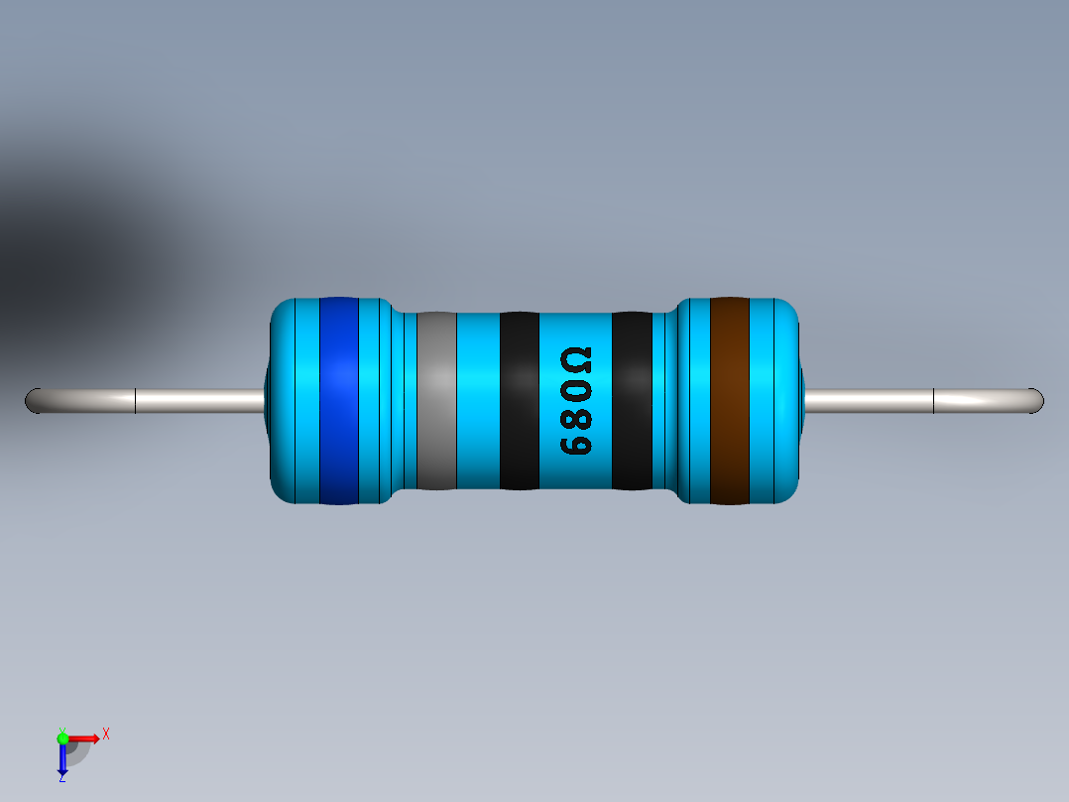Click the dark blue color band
[338, 400]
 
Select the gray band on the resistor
[436, 400]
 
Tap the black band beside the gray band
[519, 400]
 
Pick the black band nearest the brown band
[632, 400]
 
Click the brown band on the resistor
[729, 400]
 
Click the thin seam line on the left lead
[135, 401]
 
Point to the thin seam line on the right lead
[934, 401]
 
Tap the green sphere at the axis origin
[62, 737]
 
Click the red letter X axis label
[105, 735]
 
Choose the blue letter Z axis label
[61, 777]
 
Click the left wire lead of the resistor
[198, 401]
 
